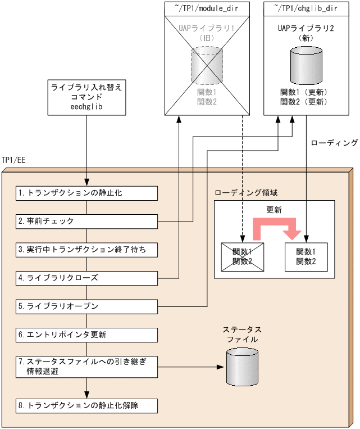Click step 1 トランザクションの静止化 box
tap(86, 193)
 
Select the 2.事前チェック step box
tap(86, 221)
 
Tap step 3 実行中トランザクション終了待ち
tap(86, 249)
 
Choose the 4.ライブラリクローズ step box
tap(86, 278)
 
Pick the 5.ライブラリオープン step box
tap(86, 306)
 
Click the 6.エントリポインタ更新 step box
tap(86, 335)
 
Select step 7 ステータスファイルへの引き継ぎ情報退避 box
tap(86, 367)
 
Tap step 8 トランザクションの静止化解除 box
tap(86, 405)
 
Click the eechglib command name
tap(86, 107)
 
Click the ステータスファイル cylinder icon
tap(242, 366)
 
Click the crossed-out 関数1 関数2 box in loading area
tap(241, 256)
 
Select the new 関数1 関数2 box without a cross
tap(306, 256)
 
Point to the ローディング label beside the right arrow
tap(334, 143)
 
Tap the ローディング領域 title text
tap(246, 192)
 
